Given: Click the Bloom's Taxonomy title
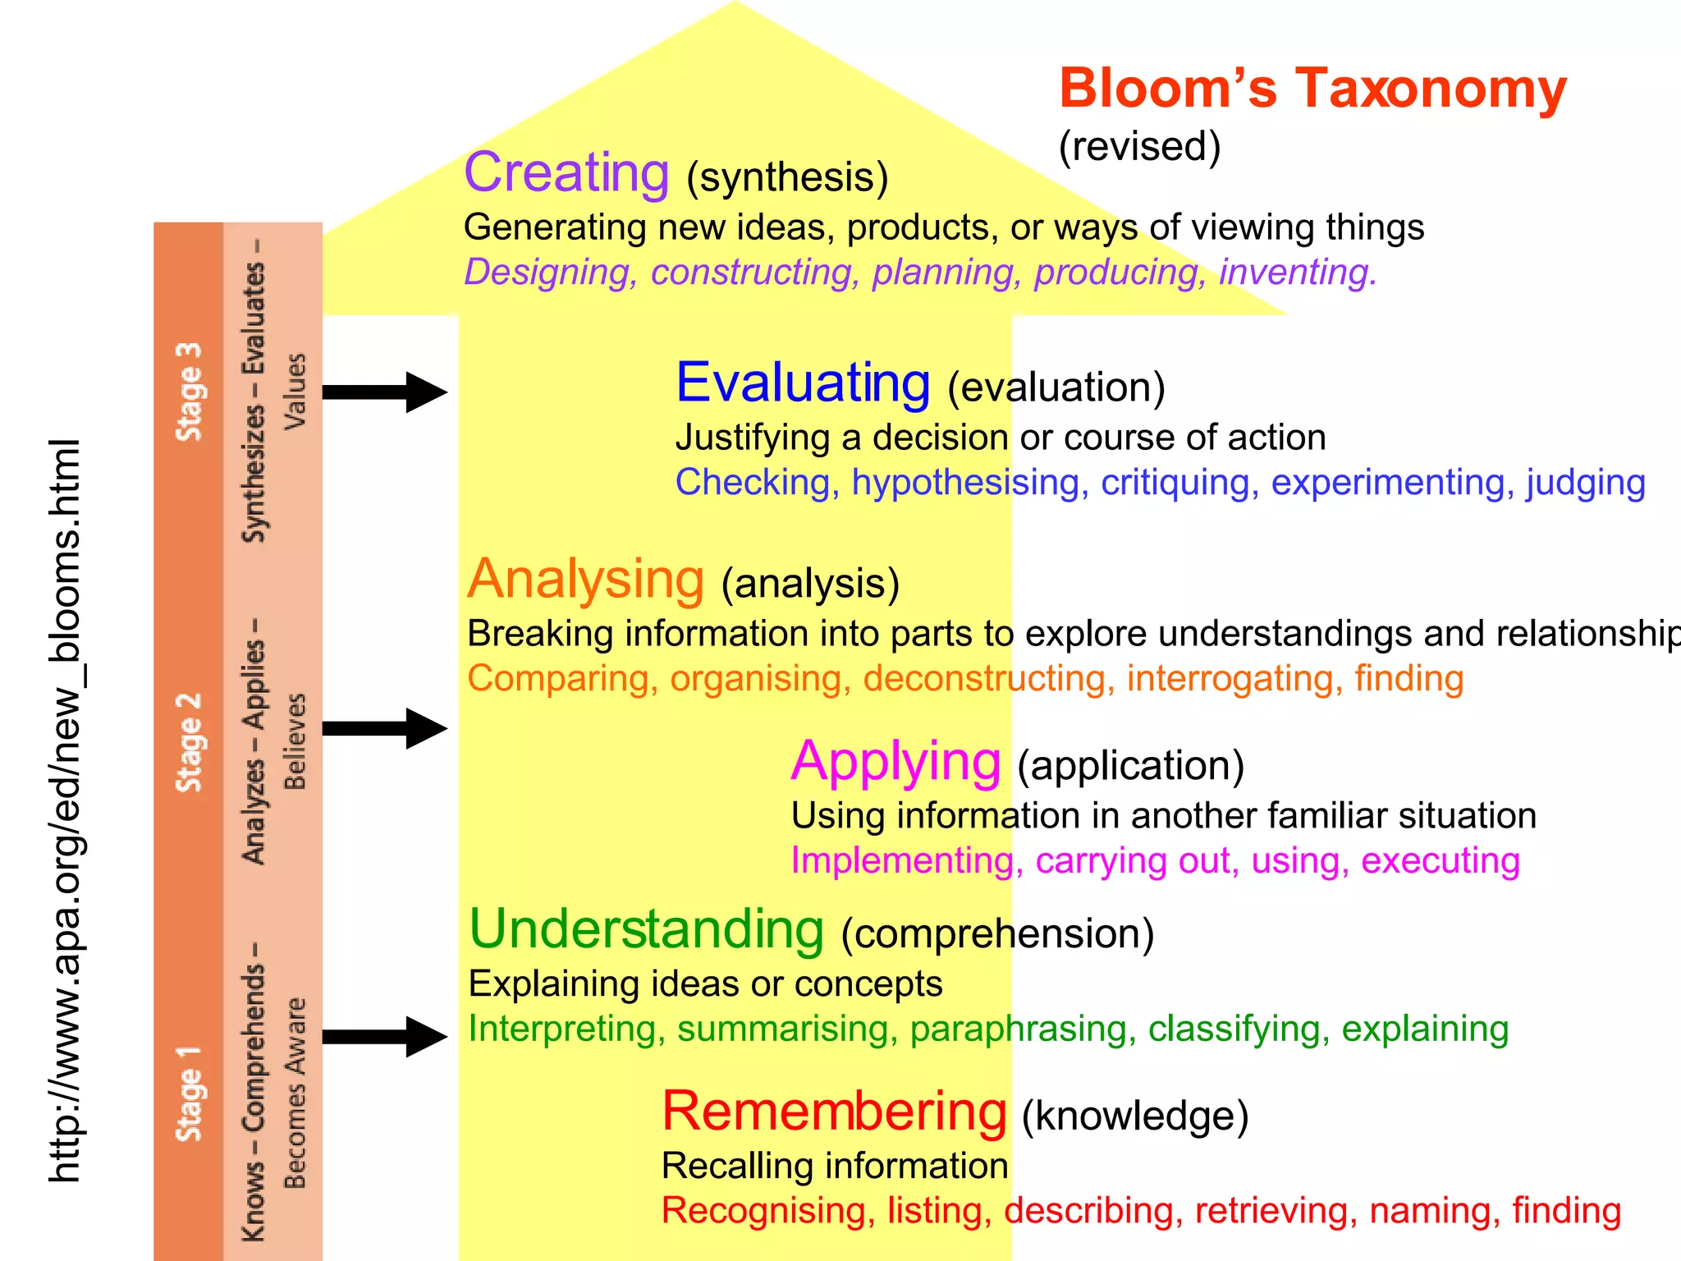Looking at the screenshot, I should coord(1312,89).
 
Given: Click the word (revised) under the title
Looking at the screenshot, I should coord(1139,147).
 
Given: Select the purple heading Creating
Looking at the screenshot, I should coord(566,173).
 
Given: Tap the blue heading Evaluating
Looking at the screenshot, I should coord(803,383).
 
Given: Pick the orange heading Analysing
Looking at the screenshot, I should coord(585,580).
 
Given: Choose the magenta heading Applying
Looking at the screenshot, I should coord(895,762).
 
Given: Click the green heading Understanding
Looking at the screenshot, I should coord(646,929).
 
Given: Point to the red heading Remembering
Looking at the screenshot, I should coord(834,1112).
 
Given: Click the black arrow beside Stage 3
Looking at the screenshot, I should coord(384,392).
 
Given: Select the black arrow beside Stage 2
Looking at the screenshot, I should coord(384,728).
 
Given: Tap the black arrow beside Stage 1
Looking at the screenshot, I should coord(384,1036).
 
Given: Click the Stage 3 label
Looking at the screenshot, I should coord(189,392).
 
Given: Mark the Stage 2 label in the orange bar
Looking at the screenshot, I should coord(189,742).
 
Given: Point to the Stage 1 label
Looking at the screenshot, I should coord(189,1094).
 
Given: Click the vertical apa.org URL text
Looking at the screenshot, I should coord(65,809).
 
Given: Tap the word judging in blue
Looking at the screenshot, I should coord(1585,483).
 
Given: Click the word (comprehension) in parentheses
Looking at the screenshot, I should coord(997,934).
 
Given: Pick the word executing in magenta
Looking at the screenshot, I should coord(1440,861).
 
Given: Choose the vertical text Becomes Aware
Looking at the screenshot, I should coord(295,1093).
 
